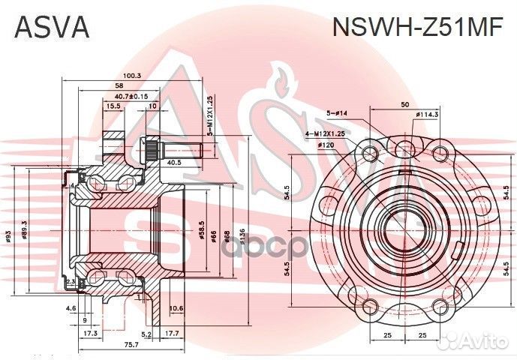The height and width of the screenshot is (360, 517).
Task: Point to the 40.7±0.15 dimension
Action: pyautogui.click(x=131, y=96)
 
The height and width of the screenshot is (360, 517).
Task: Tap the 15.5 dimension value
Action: pyautogui.click(x=113, y=106)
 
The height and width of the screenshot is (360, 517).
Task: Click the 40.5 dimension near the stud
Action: pyautogui.click(x=174, y=162)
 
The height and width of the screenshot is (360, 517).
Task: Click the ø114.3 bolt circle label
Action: pyautogui.click(x=447, y=115)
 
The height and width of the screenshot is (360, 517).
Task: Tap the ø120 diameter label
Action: pyautogui.click(x=326, y=144)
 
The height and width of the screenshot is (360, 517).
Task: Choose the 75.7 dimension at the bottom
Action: pyautogui.click(x=131, y=343)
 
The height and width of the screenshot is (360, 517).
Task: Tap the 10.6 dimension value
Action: pyautogui.click(x=177, y=308)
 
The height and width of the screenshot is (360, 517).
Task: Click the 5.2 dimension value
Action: pyautogui.click(x=146, y=334)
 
